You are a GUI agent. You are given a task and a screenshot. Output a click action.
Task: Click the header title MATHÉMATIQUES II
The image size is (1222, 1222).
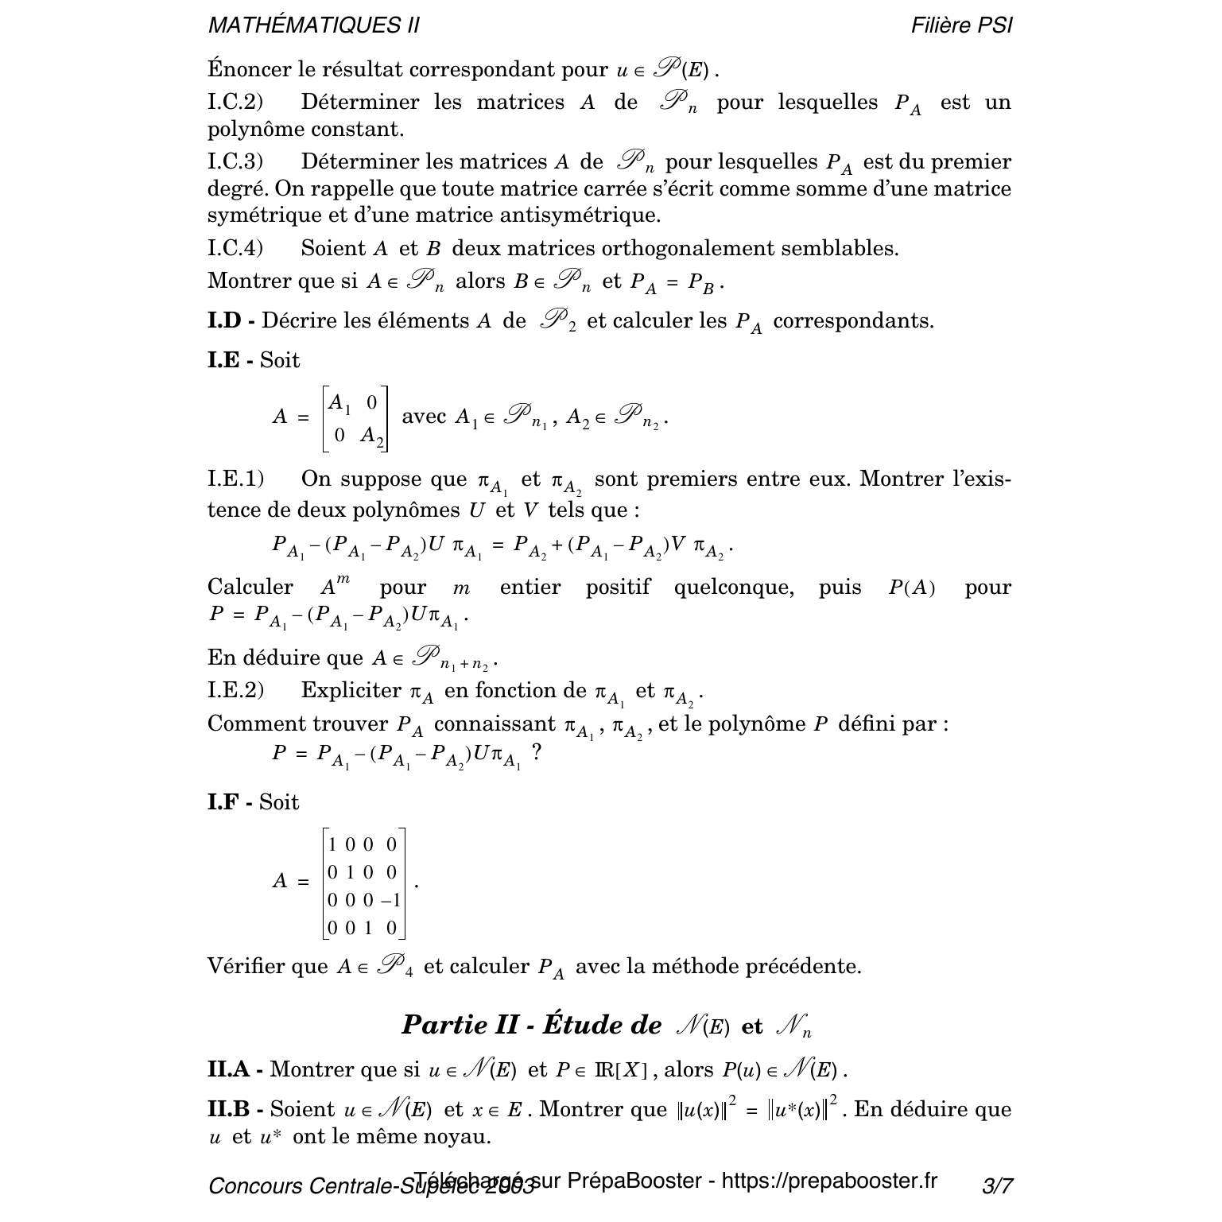[x=314, y=25]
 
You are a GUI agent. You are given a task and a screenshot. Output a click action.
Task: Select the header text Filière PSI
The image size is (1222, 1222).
[x=962, y=25]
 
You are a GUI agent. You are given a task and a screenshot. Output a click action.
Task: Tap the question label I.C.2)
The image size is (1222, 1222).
[x=235, y=103]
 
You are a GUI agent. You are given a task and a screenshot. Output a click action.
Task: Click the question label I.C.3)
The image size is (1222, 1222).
[x=235, y=162]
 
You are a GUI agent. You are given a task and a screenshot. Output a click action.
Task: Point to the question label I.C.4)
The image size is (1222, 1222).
[x=235, y=249]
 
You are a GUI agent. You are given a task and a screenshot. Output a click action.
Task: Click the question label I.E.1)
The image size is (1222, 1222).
[x=235, y=479]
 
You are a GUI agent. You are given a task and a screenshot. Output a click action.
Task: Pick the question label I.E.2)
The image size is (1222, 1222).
[x=235, y=691]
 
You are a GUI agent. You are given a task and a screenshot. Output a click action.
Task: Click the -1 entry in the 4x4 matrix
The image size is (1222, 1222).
[x=391, y=900]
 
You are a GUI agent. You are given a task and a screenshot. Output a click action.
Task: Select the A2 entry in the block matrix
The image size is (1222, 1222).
[x=371, y=436]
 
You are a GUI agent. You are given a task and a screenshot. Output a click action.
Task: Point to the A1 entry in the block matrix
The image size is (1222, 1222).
[x=339, y=403]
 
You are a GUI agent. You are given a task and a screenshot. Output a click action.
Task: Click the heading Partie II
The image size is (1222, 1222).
[x=460, y=1025]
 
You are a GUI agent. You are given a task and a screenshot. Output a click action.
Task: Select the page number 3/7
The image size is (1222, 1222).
[x=997, y=1186]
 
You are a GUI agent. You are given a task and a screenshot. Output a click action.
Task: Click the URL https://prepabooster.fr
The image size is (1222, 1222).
[x=829, y=1181]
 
